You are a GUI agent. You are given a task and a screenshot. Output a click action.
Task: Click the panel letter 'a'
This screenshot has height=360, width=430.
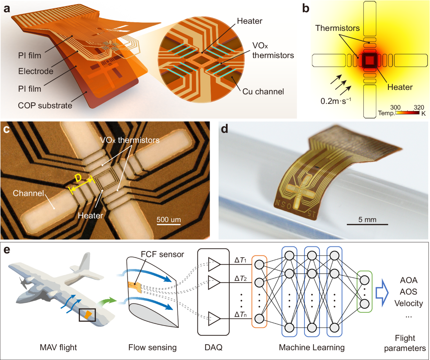[x=6, y=9]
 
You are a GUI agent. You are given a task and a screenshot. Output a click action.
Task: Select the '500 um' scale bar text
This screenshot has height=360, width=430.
[x=168, y=219]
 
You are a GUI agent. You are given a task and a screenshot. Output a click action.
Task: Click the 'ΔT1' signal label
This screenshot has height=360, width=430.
[x=239, y=259]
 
